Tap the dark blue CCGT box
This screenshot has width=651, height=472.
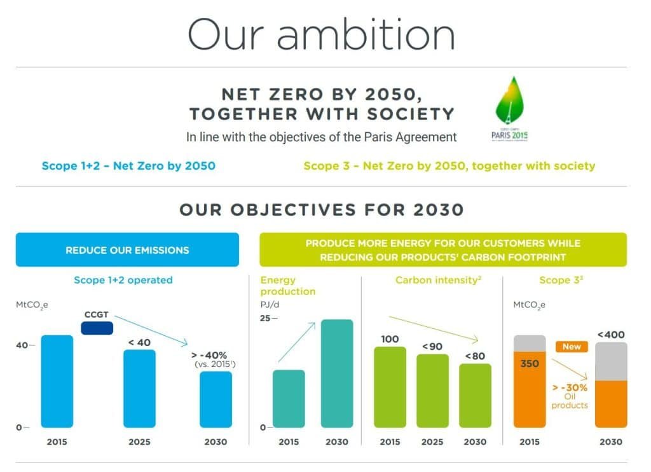point(97,328)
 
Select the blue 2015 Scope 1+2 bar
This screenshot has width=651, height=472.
point(57,381)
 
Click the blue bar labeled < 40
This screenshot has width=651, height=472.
point(139,388)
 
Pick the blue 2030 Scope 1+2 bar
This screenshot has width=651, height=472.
point(216,399)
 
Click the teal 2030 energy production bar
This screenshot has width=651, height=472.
point(337,373)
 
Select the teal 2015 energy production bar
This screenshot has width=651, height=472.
point(289,398)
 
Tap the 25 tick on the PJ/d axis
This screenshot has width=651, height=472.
point(266,317)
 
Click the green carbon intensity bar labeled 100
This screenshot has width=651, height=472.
point(390,387)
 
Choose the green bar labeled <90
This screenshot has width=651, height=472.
point(432,391)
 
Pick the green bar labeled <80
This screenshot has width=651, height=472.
point(475,395)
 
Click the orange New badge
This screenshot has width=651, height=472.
point(572,347)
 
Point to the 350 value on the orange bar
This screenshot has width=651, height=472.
point(530,364)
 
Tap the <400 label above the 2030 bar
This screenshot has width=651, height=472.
point(610,335)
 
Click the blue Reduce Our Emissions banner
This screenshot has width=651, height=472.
point(127,249)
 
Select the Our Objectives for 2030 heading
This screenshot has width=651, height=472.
point(321,209)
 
